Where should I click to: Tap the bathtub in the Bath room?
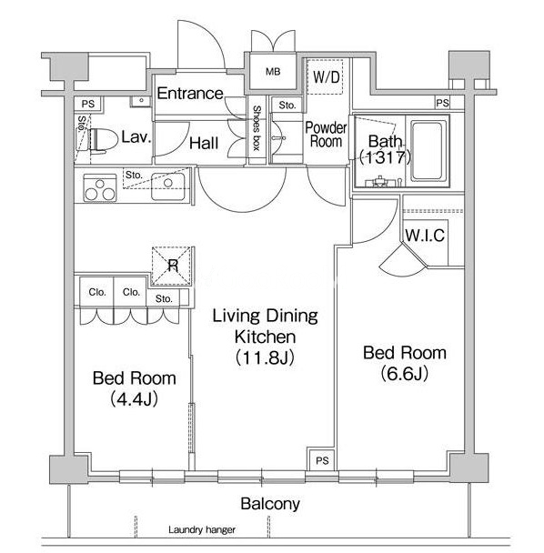pos(428,151)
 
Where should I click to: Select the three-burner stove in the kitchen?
pos(100,188)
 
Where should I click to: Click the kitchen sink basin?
pos(168,186)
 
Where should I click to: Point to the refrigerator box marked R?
pos(173,266)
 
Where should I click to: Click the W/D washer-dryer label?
pos(327,77)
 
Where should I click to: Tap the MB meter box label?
pos(273,72)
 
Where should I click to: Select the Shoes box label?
pos(257,128)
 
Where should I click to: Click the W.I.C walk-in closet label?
pos(425,236)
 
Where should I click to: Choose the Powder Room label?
pos(326,135)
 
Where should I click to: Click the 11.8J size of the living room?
pos(265,357)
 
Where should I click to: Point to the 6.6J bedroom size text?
pos(405,373)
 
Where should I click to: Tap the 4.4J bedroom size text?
pos(134,399)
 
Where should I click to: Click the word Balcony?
pos(270,504)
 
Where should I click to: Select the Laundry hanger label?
pos(202,529)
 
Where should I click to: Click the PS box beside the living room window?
pos(322,460)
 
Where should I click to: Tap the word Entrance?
pos(190,94)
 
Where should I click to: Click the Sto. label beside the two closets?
pos(164,298)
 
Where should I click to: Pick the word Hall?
pos(204,143)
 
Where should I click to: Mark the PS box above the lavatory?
pos(88,104)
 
